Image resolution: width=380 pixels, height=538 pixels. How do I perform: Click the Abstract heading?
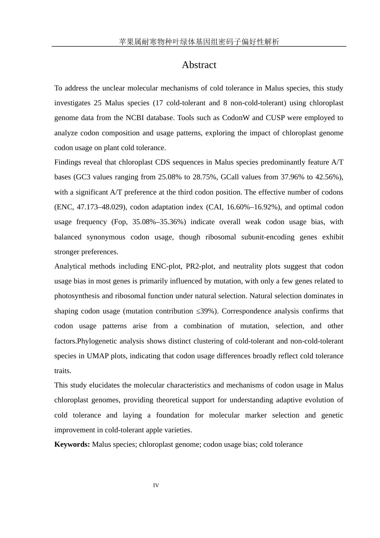(199, 65)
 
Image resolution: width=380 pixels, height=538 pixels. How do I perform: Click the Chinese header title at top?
(199, 42)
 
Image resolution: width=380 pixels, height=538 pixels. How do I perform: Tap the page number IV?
(156, 486)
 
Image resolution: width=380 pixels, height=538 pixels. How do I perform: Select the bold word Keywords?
(72, 444)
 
